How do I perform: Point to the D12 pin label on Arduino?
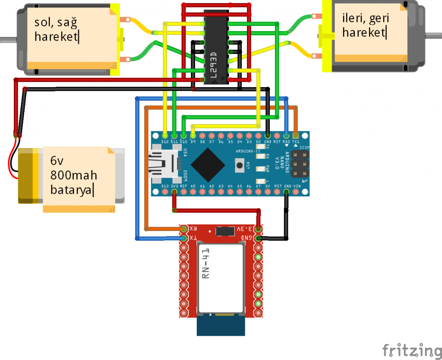click(164, 141)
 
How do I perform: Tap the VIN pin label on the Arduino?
click(297, 186)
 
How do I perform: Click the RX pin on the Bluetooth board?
click(184, 229)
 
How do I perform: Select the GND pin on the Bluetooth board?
click(258, 238)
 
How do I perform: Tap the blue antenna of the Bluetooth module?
click(221, 325)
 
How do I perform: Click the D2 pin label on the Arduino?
click(258, 141)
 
